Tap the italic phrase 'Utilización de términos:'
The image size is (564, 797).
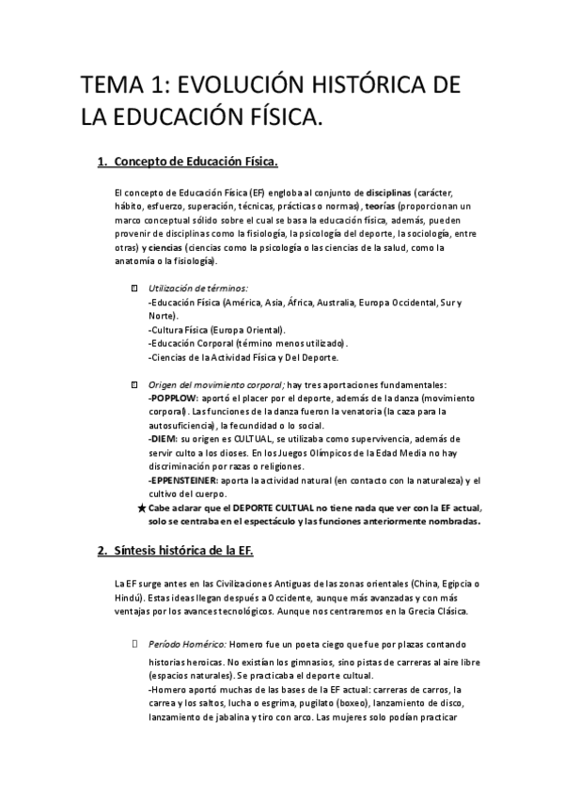click(198, 288)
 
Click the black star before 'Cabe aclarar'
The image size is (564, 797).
click(141, 508)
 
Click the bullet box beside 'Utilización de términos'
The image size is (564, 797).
click(134, 288)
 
